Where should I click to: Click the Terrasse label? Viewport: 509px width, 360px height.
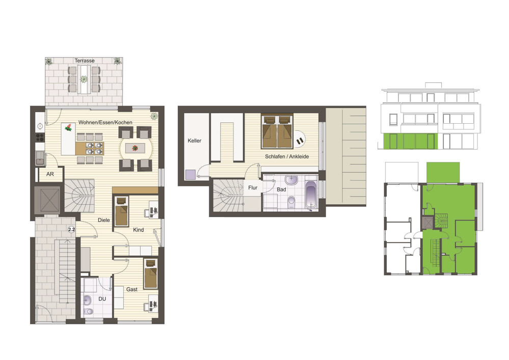point(85,61)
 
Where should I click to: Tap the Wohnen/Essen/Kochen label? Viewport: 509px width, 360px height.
point(105,122)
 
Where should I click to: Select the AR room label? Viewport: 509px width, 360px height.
point(50,174)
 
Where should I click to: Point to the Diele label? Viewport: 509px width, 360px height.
point(104,220)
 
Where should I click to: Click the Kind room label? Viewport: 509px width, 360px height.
point(138,230)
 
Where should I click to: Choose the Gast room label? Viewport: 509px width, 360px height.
point(132,289)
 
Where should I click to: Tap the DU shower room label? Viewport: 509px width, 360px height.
point(102,299)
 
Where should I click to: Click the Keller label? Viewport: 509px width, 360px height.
point(195,141)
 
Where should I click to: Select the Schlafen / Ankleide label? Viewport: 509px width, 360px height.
point(287,156)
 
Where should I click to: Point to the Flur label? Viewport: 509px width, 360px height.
point(253,187)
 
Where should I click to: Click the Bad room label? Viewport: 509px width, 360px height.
point(281,189)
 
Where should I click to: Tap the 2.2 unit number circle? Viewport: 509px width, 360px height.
point(71,230)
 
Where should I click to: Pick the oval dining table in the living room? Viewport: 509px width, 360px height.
point(136,149)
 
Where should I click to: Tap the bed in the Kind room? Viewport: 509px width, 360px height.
point(122,211)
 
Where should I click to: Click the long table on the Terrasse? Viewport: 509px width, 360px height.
point(84,79)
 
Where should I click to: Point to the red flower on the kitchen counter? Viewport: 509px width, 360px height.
point(68,127)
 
